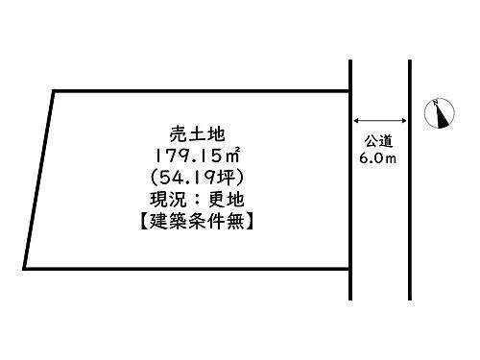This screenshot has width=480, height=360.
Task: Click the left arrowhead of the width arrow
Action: (357, 120)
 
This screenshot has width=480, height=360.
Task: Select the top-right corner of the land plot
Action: (349, 91)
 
